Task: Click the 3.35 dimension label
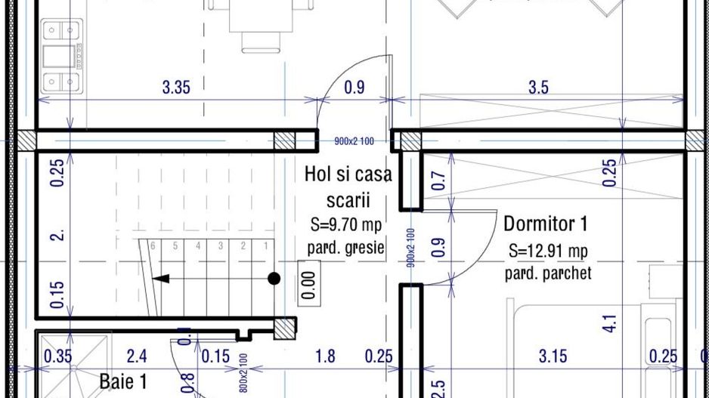[x=176, y=88]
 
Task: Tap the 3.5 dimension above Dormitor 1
[x=538, y=88]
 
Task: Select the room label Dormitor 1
[x=545, y=224]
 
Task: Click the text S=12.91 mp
[x=548, y=251]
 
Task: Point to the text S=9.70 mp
[x=345, y=224]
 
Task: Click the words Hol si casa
[x=348, y=174]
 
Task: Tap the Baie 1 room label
[x=123, y=381]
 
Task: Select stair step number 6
[x=153, y=245]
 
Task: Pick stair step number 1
[x=265, y=245]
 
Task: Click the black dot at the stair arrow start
[x=274, y=279]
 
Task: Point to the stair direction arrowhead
[x=159, y=279]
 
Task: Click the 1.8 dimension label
[x=325, y=356]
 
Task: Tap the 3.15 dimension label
[x=553, y=356]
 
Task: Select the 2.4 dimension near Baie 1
[x=137, y=356]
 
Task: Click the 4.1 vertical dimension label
[x=610, y=323]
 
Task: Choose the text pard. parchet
[x=548, y=273]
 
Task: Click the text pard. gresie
[x=345, y=247]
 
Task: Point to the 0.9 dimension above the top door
[x=354, y=88]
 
